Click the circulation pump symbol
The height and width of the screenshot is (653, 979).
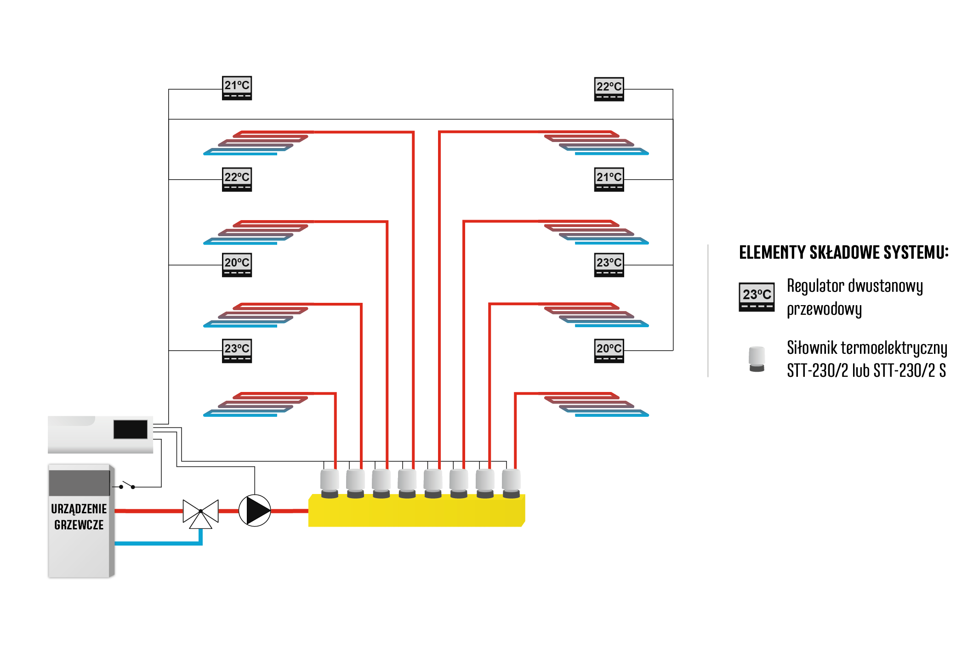pos(255,511)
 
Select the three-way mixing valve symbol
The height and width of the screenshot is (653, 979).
pos(200,513)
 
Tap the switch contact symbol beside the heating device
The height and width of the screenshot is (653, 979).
pos(127,485)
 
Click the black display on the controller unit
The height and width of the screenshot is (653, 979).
pos(131,429)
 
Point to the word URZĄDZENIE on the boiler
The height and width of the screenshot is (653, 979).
pos(79,509)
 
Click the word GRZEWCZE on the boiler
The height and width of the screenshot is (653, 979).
pos(79,525)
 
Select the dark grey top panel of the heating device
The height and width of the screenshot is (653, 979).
pos(80,483)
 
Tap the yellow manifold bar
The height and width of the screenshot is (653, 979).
pos(416,511)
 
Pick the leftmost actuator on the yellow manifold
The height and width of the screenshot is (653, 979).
pos(330,483)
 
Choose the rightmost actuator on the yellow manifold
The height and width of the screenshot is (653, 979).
pos(511,483)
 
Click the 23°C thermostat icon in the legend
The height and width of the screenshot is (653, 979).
pos(757,297)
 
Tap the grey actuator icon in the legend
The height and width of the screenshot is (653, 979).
pos(757,359)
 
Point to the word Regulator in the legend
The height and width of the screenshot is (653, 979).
pos(816,286)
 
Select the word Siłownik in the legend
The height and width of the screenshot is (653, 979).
pos(812,348)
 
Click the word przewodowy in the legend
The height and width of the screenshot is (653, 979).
pos(824,309)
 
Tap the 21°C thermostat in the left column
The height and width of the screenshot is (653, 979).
pos(237,88)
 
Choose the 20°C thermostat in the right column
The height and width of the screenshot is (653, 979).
pos(609,351)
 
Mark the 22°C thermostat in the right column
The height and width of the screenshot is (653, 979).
pos(609,89)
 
